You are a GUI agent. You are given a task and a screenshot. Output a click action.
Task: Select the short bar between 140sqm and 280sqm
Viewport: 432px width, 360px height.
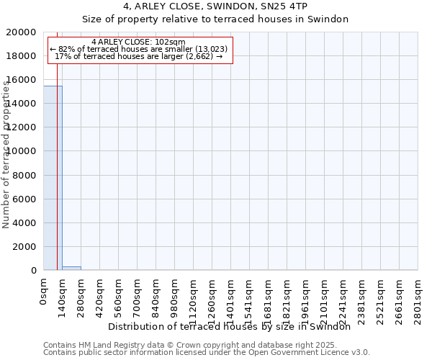pos(71,268)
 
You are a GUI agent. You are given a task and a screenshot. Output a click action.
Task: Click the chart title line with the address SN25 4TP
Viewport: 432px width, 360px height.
pos(215,7)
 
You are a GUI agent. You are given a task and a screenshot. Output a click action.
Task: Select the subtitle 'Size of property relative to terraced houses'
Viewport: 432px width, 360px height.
pos(215,19)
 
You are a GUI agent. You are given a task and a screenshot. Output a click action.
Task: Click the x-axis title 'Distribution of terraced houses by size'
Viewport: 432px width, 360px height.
pos(233,326)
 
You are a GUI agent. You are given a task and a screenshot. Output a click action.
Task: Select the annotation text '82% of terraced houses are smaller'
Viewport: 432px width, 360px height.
pos(139,49)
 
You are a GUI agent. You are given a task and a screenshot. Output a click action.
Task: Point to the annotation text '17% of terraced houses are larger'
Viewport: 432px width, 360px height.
pos(139,56)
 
